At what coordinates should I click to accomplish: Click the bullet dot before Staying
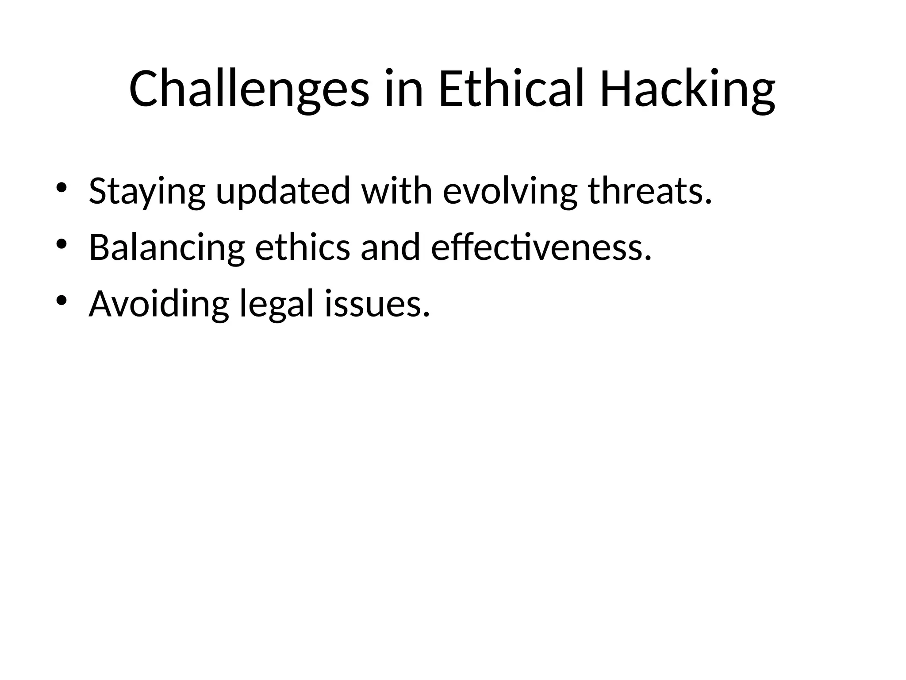click(61, 187)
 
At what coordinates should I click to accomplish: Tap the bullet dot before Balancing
click(61, 243)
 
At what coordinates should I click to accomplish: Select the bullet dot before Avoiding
click(61, 300)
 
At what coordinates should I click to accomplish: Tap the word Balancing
click(167, 248)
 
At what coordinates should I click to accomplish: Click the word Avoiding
click(159, 305)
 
